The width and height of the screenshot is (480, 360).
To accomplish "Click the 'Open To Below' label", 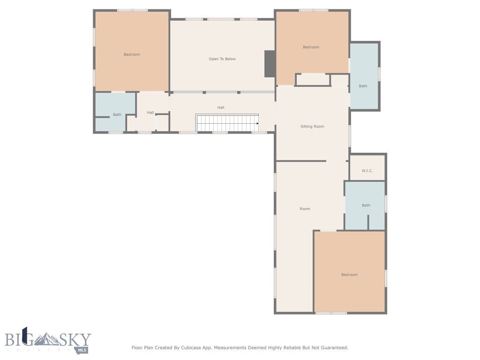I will (222, 59).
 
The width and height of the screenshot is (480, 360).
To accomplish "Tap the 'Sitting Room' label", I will (312, 127).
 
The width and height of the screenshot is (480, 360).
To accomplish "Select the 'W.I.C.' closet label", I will (367, 171).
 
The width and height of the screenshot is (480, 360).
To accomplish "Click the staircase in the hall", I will (227, 123).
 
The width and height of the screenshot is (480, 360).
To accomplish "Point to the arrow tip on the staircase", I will (258, 123).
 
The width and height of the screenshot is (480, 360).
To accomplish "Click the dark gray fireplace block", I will (270, 64).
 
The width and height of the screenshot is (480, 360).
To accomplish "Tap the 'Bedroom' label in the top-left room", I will (132, 54).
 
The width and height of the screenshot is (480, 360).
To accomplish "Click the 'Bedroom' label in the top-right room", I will (311, 47).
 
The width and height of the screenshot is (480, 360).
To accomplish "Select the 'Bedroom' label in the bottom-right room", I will (349, 275).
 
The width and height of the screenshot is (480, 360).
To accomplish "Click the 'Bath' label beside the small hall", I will (117, 114).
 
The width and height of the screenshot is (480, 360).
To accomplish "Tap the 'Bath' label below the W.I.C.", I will (366, 205).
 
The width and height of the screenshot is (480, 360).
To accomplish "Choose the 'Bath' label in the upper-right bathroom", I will (363, 86).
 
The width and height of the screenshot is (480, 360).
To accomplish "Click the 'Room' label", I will (305, 209).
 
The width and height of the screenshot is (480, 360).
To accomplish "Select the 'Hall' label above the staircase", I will (221, 107).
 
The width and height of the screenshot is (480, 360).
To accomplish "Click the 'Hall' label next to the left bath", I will (150, 112).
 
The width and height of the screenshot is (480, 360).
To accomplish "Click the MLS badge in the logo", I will (82, 349).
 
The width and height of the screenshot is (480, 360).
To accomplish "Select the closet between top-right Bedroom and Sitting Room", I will (313, 80).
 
